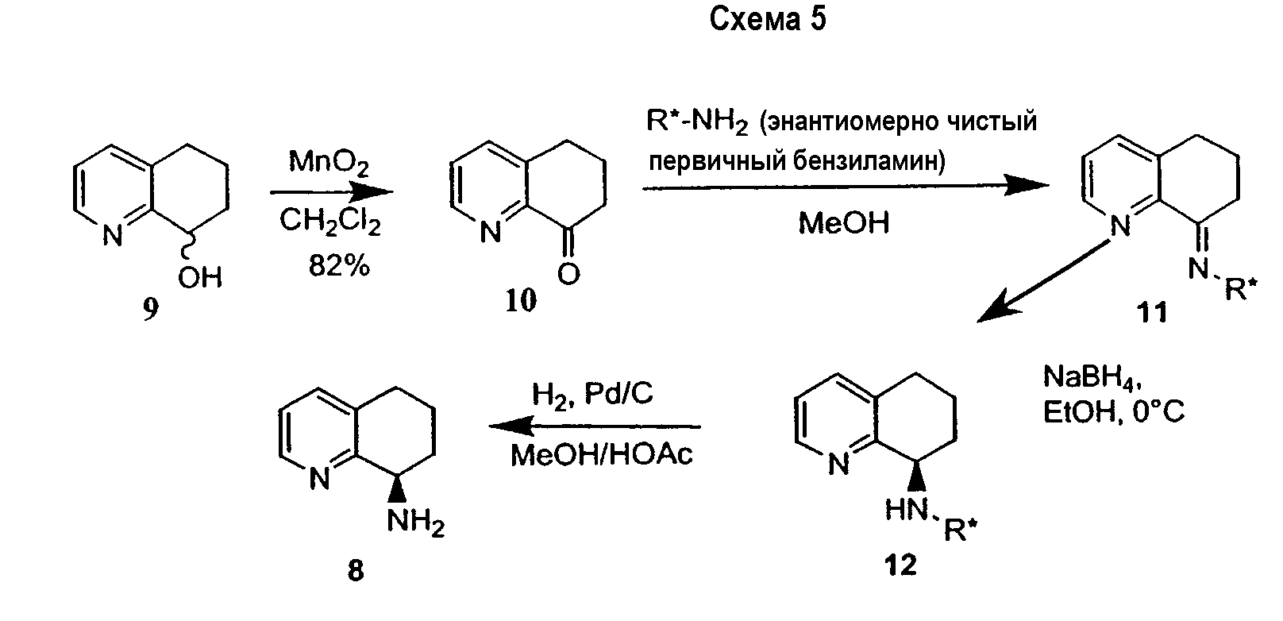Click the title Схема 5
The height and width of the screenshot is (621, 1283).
coord(766,19)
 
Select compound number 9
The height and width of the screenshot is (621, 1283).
coord(151,310)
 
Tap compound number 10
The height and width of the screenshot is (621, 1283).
coord(521,300)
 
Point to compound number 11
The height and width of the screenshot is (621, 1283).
coord(1153,312)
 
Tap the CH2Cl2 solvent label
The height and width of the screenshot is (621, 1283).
coord(329,223)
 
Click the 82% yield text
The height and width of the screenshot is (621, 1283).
coord(339,266)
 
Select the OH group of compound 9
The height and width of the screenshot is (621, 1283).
coord(200,277)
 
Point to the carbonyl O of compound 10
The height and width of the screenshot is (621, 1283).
coord(568,274)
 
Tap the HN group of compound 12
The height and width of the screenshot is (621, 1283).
coord(904,509)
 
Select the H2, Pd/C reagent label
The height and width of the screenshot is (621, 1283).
coord(592,394)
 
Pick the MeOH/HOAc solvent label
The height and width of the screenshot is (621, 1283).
coord(601,455)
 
